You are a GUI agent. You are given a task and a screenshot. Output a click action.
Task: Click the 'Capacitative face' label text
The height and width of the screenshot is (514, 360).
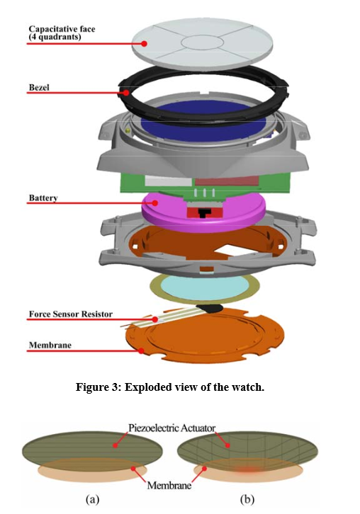click(x=62, y=29)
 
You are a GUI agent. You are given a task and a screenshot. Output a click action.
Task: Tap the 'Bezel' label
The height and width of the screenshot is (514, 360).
click(x=39, y=88)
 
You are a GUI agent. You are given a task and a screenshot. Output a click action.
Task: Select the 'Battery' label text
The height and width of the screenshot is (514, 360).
click(x=43, y=198)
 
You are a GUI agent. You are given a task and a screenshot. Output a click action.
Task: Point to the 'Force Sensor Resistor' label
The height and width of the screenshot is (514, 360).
click(x=71, y=314)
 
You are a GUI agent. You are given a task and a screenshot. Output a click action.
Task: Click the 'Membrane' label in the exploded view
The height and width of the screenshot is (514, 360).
click(x=50, y=345)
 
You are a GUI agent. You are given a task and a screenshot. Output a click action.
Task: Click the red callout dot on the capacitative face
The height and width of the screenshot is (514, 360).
click(x=144, y=43)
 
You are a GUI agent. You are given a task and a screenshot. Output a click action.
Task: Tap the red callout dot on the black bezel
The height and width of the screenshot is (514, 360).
click(x=126, y=93)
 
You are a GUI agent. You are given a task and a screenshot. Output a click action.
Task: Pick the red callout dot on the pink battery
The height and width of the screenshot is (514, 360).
click(x=155, y=203)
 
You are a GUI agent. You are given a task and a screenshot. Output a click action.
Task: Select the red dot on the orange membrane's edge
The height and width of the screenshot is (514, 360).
click(x=141, y=350)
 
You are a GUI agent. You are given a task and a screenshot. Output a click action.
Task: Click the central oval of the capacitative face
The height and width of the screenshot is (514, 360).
click(x=202, y=42)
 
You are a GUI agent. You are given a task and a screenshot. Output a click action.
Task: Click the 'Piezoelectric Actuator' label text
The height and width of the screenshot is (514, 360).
click(x=172, y=428)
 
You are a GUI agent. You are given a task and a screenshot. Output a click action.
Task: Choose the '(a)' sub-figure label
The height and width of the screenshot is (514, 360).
click(x=92, y=499)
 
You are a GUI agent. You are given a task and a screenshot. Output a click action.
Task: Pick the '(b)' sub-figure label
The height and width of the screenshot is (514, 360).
click(x=247, y=499)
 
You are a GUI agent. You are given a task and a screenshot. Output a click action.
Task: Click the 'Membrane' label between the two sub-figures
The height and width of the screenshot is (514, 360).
click(x=169, y=485)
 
